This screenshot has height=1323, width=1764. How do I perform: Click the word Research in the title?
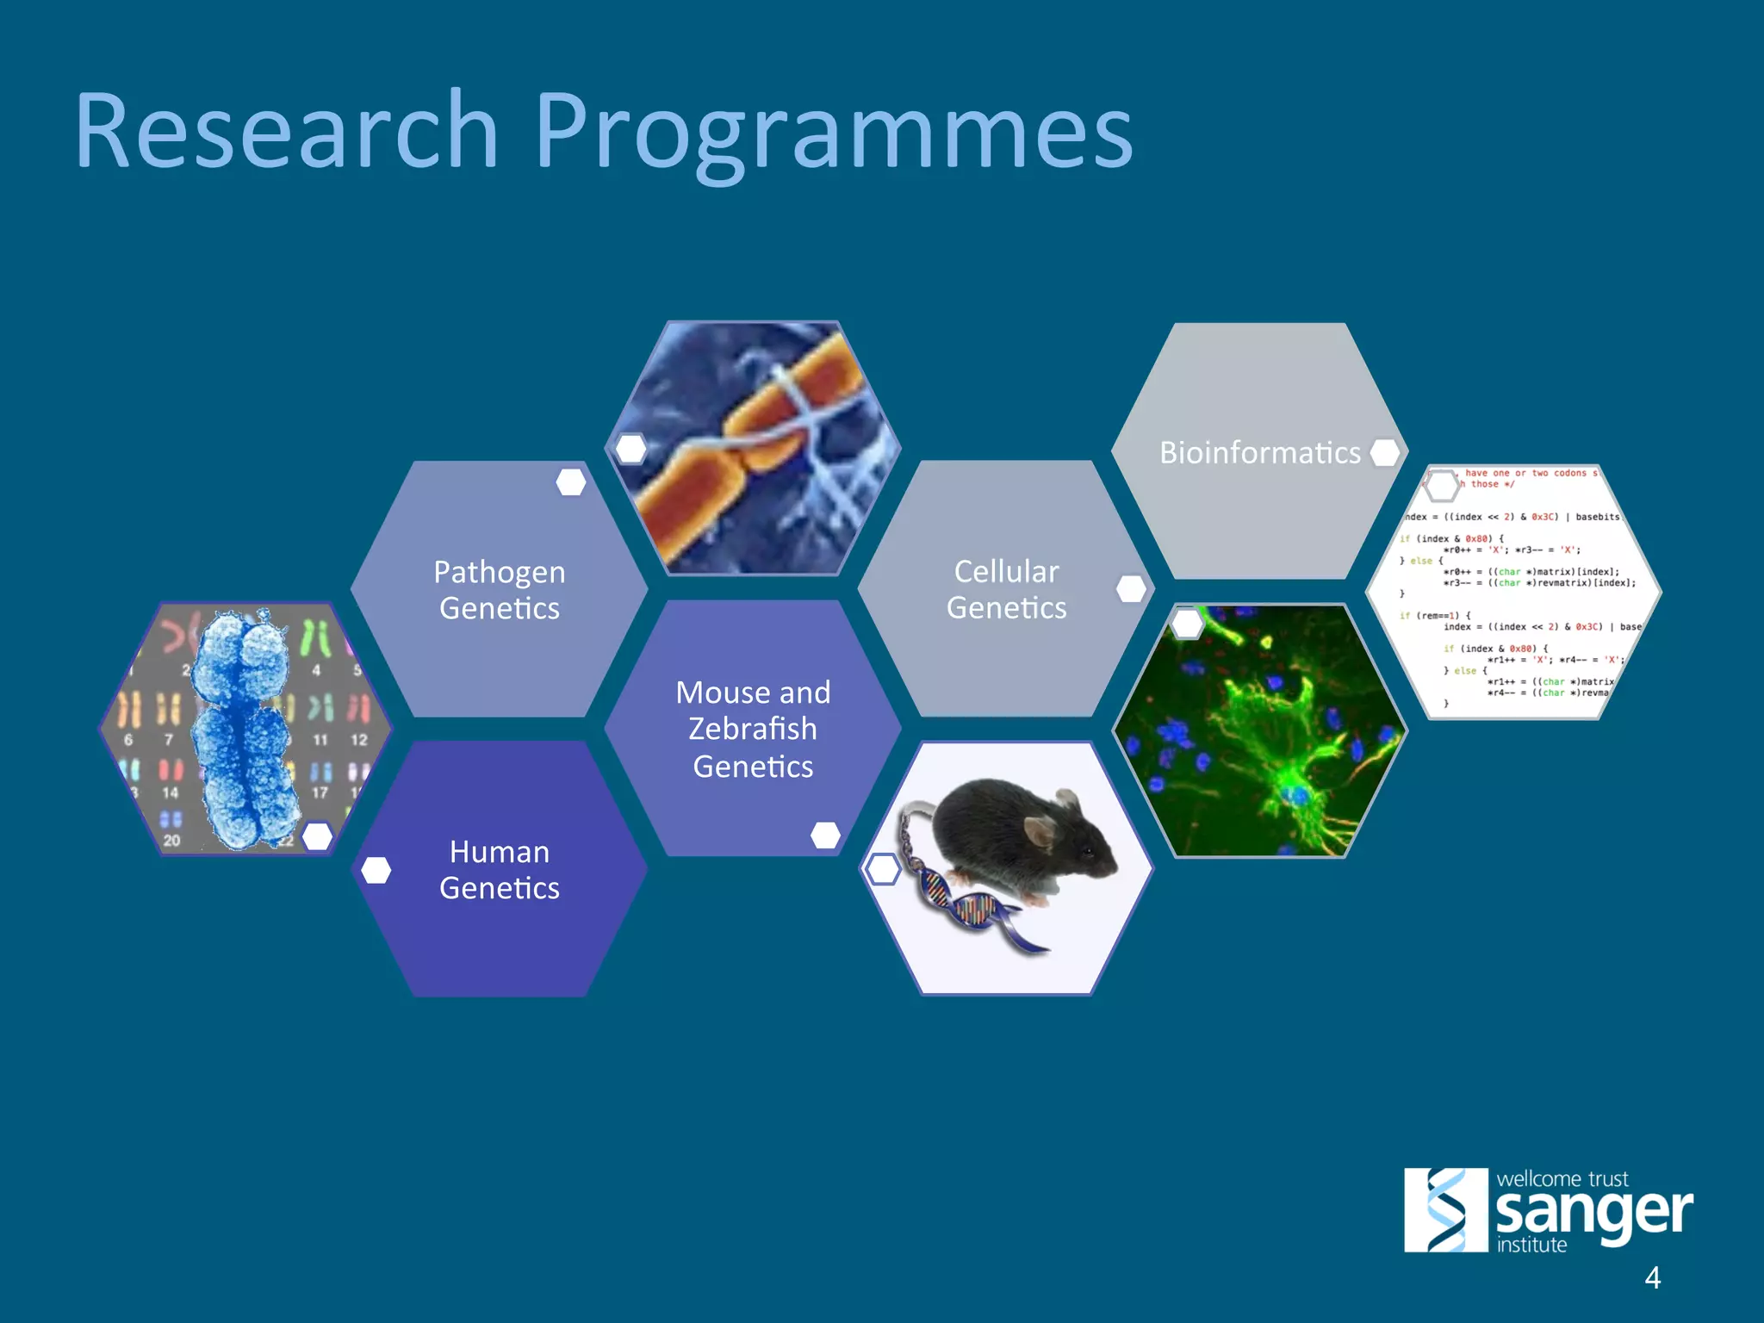coord(287,131)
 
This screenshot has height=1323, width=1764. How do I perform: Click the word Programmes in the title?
coord(833,134)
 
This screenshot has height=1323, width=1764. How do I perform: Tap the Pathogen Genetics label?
coord(499,590)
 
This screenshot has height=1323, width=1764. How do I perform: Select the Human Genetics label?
coord(499,870)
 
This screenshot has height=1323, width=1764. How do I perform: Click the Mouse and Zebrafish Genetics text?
coord(753,729)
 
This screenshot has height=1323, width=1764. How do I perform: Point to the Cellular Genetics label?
coord(1006,589)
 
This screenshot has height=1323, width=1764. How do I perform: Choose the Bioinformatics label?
coord(1259,452)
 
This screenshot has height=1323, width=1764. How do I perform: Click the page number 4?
coord(1652,1277)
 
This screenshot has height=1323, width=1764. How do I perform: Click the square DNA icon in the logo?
coord(1445,1209)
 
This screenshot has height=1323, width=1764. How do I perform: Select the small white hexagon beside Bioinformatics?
coord(1385,452)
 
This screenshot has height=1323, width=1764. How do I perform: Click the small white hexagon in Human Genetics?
coord(376,870)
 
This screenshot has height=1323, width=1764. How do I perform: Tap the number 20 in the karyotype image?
coord(171,840)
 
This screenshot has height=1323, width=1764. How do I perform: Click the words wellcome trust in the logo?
coord(1562,1178)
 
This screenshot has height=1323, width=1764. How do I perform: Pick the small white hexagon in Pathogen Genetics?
coord(570,482)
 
